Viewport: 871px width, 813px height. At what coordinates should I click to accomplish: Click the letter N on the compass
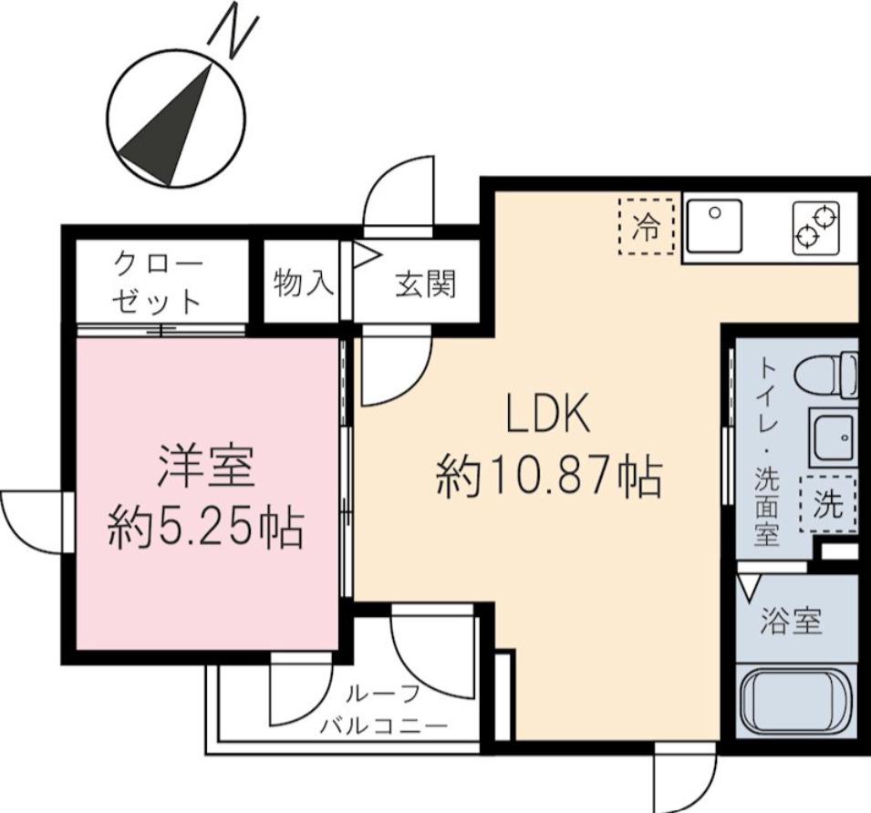[x=233, y=35]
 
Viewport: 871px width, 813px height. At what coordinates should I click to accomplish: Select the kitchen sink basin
[x=714, y=226]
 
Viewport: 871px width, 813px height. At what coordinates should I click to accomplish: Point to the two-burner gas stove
[x=815, y=228]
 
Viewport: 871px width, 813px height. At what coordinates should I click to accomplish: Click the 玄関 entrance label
[x=426, y=283]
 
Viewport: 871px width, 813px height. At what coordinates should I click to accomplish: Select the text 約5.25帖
[x=205, y=528]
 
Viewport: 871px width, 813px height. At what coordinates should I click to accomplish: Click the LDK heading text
[x=548, y=415]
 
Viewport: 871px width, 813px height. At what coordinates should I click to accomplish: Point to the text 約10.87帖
[x=549, y=477]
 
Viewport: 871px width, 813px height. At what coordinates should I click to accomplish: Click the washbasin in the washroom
[x=834, y=437]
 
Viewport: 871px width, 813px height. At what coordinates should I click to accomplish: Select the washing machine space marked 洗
[x=828, y=504]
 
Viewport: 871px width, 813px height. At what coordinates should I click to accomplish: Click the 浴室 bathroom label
[x=791, y=621]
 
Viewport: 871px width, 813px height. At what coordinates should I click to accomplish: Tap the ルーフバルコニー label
[x=383, y=710]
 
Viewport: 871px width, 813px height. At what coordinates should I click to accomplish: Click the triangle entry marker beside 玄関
[x=366, y=254]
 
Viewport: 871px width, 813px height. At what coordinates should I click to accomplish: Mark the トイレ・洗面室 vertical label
[x=767, y=453]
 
